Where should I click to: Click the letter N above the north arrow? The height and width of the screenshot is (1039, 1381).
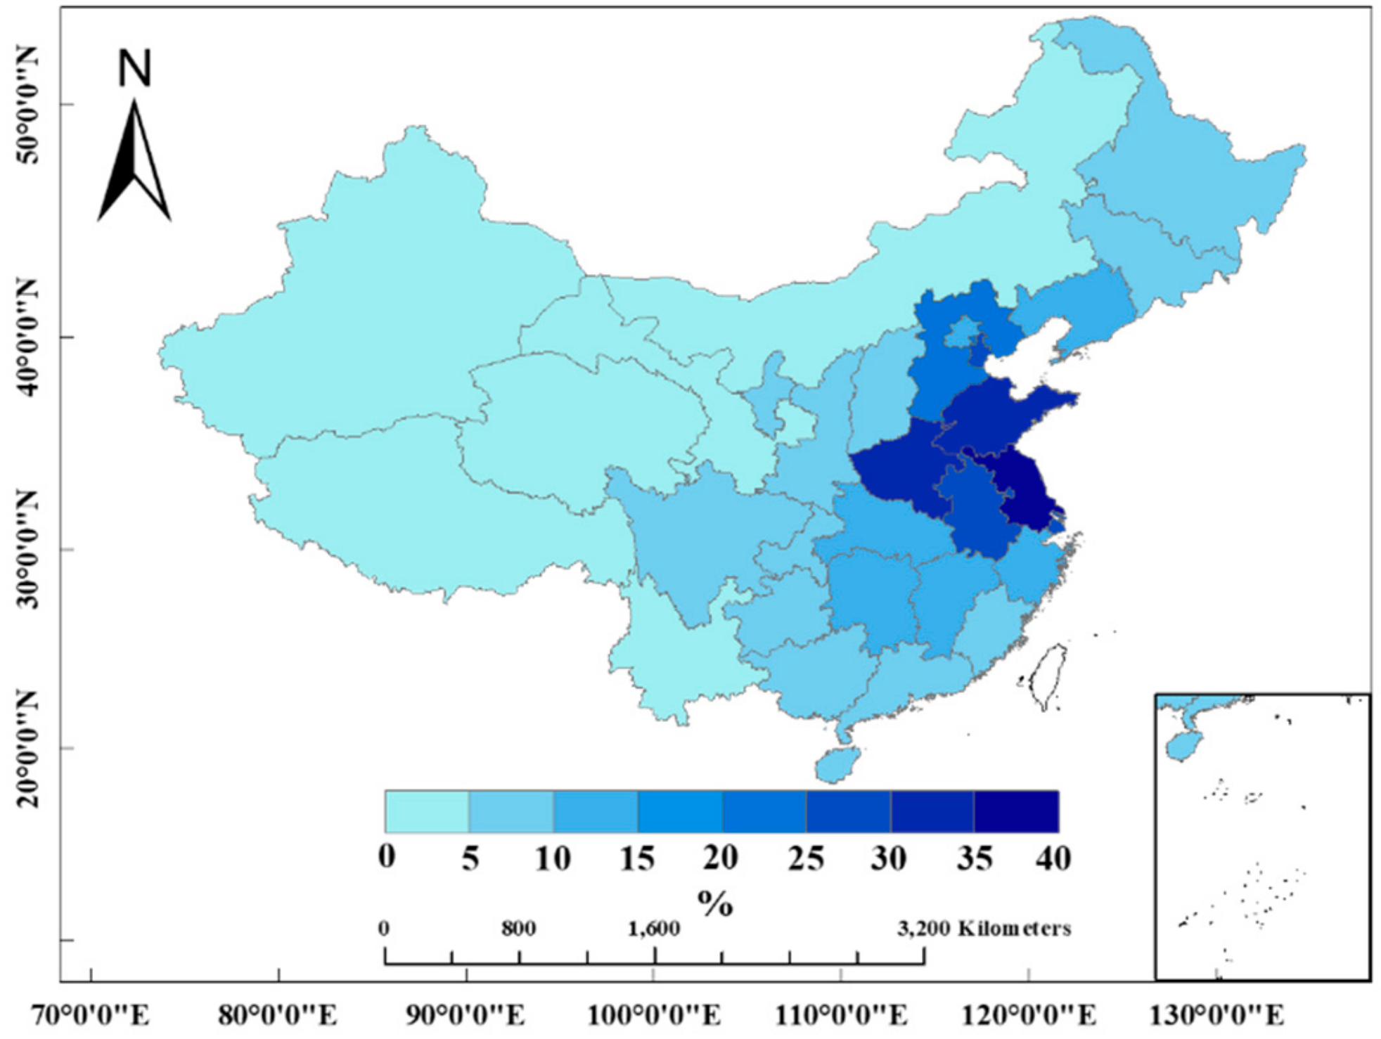click(134, 69)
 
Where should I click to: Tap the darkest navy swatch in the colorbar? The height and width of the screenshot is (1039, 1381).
click(1016, 811)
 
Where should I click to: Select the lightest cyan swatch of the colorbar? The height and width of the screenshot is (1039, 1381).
click(427, 811)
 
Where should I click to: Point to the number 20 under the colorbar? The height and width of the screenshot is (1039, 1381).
click(721, 857)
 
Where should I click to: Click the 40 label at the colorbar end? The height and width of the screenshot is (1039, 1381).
click(1053, 857)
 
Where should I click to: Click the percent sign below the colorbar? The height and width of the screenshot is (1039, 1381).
click(715, 903)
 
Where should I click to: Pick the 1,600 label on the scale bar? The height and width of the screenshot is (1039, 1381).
click(653, 929)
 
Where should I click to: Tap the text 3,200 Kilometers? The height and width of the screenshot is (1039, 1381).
click(984, 929)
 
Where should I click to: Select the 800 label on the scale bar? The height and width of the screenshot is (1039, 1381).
click(518, 929)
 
